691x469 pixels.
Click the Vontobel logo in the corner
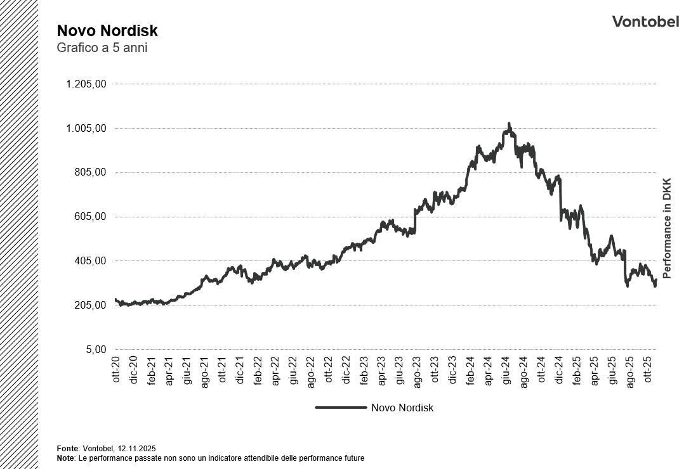[x=645, y=22]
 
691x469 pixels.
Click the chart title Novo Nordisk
[x=107, y=31]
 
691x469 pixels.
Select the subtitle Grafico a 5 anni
[x=102, y=48]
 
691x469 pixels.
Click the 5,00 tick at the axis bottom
[x=95, y=350]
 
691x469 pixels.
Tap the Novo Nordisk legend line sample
[x=341, y=408]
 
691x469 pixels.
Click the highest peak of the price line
[x=509, y=124]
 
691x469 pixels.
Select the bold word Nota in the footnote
[x=65, y=458]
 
